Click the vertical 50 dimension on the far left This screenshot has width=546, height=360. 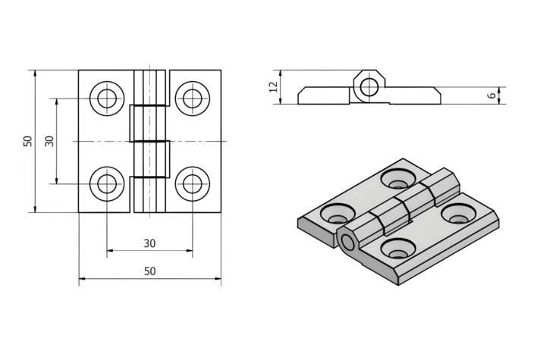(28, 141)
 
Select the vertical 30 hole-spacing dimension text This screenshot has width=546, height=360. (50, 141)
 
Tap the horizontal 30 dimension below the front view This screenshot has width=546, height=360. (149, 243)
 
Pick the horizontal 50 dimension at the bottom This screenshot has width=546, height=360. (149, 271)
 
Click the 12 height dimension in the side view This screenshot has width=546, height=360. (274, 87)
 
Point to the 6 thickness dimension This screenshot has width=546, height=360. (492, 95)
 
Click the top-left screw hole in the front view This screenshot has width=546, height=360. (107, 98)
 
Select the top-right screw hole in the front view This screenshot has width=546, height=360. (193, 98)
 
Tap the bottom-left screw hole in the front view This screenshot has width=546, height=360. (107, 183)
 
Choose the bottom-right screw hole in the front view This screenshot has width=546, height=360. (193, 183)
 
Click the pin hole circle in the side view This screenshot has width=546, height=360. (369, 86)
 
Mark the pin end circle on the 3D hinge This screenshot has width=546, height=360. (348, 243)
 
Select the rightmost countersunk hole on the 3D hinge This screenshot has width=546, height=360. (457, 218)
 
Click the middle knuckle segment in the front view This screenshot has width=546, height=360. (149, 122)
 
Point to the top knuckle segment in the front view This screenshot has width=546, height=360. (149, 87)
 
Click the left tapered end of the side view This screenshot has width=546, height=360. (303, 95)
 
